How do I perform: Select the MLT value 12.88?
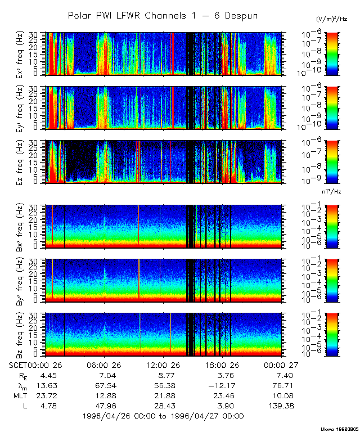click(x=104, y=395)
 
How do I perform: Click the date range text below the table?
click(x=163, y=416)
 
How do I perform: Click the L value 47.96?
click(x=104, y=406)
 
